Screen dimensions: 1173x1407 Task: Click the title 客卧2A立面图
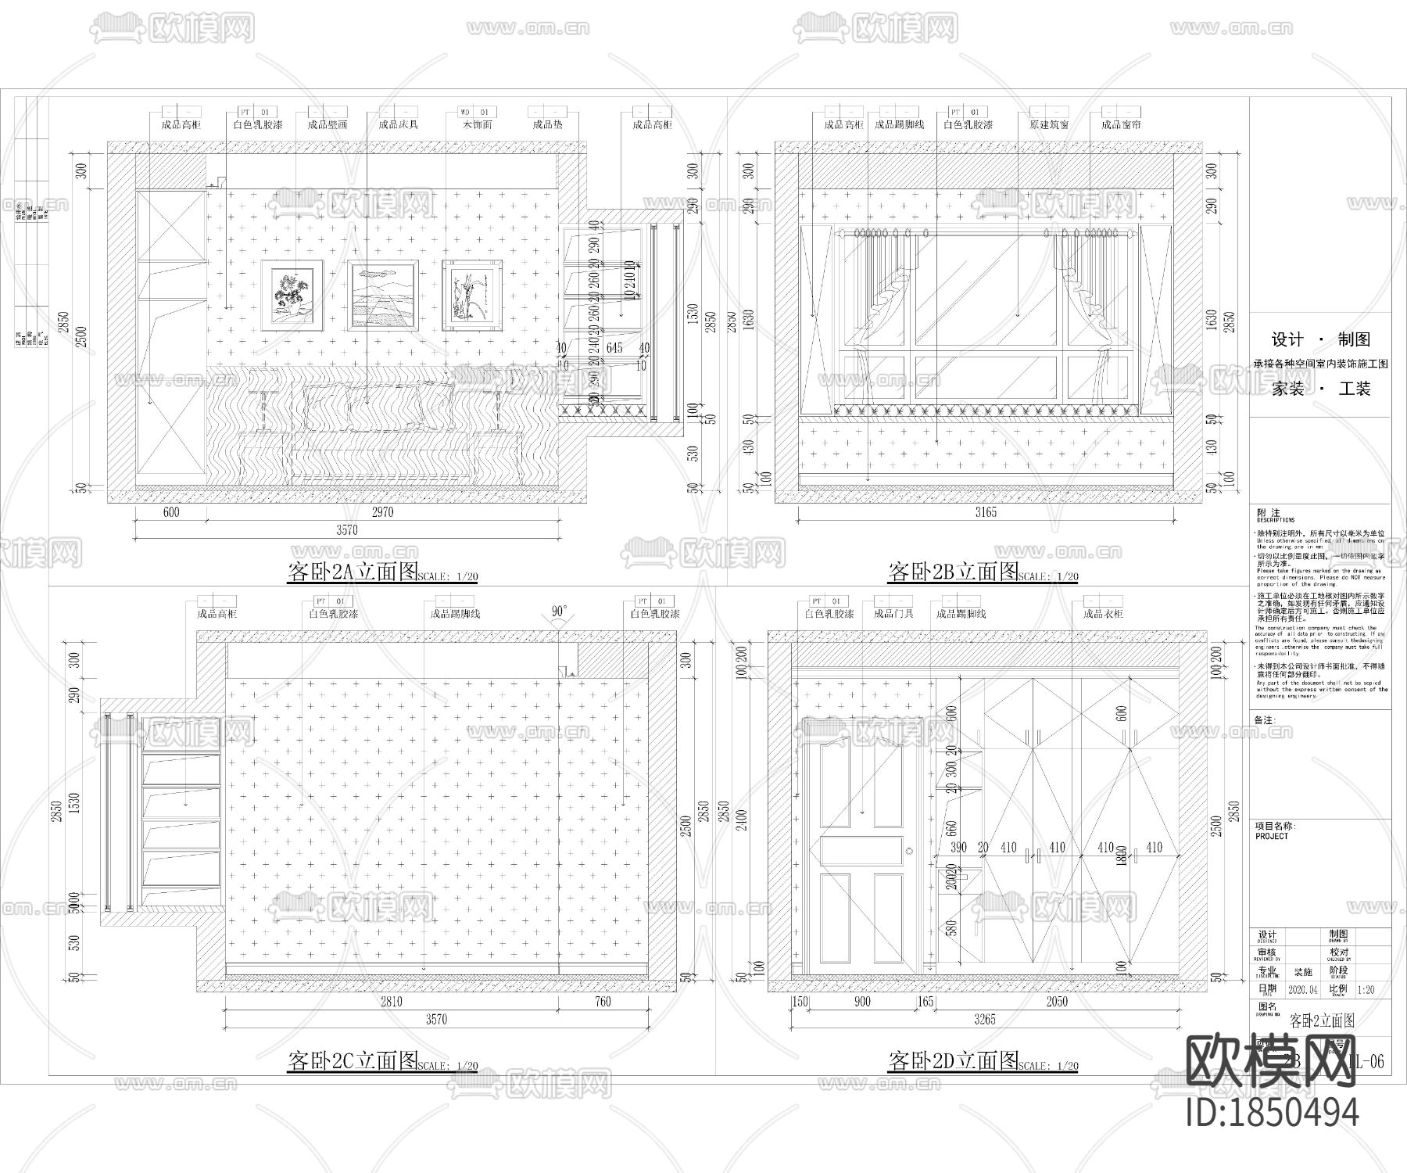click(353, 572)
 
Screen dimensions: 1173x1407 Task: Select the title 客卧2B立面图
click(953, 572)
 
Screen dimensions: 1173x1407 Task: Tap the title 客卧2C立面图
click(353, 1061)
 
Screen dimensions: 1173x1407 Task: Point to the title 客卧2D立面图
click(953, 1061)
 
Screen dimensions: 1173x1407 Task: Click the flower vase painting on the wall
click(292, 295)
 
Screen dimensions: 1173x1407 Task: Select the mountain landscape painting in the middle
click(382, 295)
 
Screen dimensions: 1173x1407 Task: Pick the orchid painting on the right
click(472, 295)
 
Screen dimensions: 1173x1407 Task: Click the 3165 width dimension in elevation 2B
click(986, 512)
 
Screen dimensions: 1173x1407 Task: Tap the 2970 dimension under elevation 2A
click(382, 512)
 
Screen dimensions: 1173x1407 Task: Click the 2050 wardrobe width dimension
click(1055, 1002)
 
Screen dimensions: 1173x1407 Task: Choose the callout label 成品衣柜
click(1103, 614)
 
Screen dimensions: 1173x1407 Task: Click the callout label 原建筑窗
click(1049, 124)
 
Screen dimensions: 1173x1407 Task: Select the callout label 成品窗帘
click(1121, 124)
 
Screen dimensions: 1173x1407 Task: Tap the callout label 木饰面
click(477, 124)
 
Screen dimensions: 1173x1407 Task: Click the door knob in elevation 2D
click(909, 851)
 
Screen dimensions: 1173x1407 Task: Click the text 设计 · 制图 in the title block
click(1321, 339)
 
